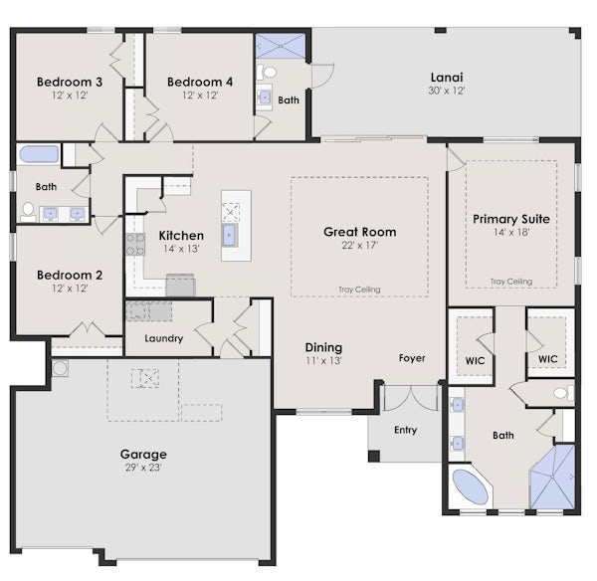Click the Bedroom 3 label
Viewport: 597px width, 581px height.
pyautogui.click(x=70, y=82)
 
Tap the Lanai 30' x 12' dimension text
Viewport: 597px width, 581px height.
pyautogui.click(x=447, y=91)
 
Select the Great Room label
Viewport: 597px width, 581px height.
pyautogui.click(x=360, y=232)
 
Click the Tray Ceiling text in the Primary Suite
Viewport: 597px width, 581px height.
pyautogui.click(x=511, y=282)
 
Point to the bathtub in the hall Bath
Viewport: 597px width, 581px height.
pyautogui.click(x=39, y=154)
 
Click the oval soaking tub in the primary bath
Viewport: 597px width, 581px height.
pyautogui.click(x=471, y=486)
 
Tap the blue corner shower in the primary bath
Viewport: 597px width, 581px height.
pyautogui.click(x=552, y=477)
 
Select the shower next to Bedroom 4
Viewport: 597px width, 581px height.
pyautogui.click(x=281, y=46)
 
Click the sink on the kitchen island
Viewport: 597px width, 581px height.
pyautogui.click(x=229, y=235)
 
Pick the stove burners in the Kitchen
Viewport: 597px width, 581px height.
pyautogui.click(x=135, y=244)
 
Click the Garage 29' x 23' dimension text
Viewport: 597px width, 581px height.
pyautogui.click(x=143, y=468)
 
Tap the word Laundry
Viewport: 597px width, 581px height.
pyautogui.click(x=164, y=338)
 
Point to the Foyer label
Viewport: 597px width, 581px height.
pyautogui.click(x=412, y=358)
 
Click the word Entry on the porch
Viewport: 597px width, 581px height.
pyautogui.click(x=406, y=430)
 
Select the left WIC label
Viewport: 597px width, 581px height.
pyautogui.click(x=475, y=360)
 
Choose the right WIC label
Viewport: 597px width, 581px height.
pyautogui.click(x=548, y=359)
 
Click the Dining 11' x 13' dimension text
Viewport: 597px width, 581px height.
pyautogui.click(x=324, y=360)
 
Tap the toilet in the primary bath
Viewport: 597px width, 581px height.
pyautogui.click(x=563, y=393)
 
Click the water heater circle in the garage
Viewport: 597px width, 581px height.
pyautogui.click(x=60, y=368)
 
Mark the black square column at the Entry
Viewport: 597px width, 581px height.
pyautogui.click(x=374, y=456)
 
